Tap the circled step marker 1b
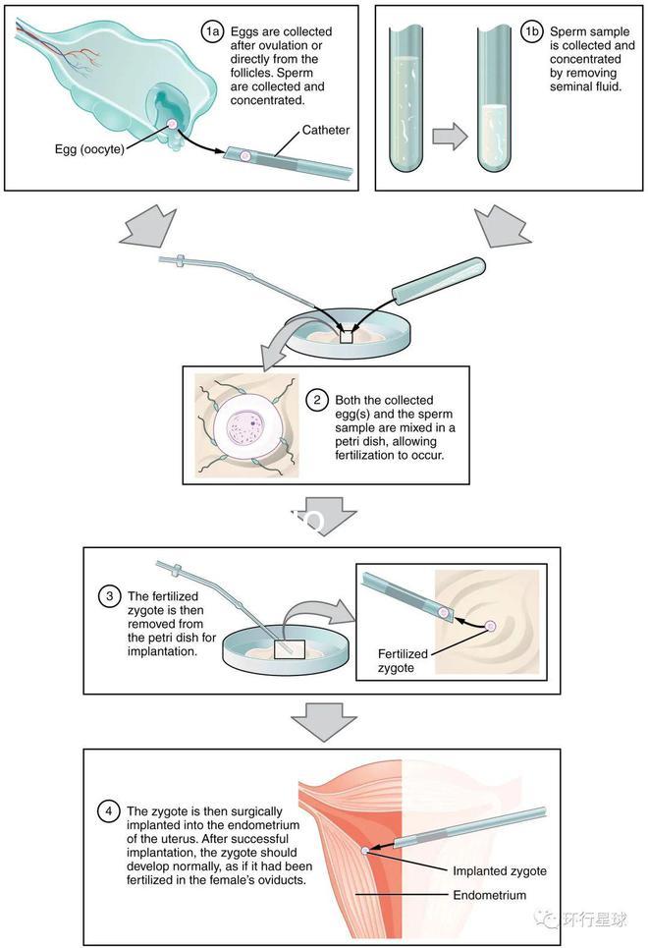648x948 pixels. pos(532,32)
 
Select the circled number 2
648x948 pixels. pos(317,400)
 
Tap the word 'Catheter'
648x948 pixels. pos(326,130)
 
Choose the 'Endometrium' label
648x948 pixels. pos(489,895)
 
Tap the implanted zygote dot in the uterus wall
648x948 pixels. pos(366,851)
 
